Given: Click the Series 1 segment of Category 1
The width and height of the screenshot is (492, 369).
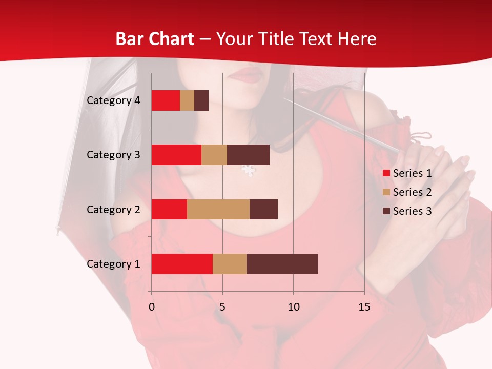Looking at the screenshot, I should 182,264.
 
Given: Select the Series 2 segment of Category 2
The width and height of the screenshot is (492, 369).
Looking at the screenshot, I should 218,209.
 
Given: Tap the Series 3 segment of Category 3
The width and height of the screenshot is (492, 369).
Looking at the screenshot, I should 248,155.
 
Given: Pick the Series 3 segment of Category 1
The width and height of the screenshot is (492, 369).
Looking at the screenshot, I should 282,264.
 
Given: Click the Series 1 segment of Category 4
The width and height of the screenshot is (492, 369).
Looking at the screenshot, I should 166,100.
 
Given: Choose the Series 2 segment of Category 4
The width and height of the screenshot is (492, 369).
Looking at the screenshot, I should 187,100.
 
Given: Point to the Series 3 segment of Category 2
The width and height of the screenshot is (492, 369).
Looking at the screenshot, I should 263,209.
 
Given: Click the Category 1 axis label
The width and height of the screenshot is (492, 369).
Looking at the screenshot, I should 113,264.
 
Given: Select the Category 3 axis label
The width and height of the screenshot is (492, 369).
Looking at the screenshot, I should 113,155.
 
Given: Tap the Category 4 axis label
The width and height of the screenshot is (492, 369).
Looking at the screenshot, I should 113,100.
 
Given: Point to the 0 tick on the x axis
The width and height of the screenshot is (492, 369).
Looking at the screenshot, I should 152,307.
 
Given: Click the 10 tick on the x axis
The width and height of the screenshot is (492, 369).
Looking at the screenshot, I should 293,307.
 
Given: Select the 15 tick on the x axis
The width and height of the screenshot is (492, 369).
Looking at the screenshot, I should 364,307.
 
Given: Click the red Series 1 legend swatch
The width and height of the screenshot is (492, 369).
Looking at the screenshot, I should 386,173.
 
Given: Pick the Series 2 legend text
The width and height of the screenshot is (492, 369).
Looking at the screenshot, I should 412,192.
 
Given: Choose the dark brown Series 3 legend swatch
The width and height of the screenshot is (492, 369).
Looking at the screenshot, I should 386,211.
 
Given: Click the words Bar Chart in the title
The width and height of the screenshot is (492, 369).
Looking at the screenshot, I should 155,39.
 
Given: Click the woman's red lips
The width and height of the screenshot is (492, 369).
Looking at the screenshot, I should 249,75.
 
